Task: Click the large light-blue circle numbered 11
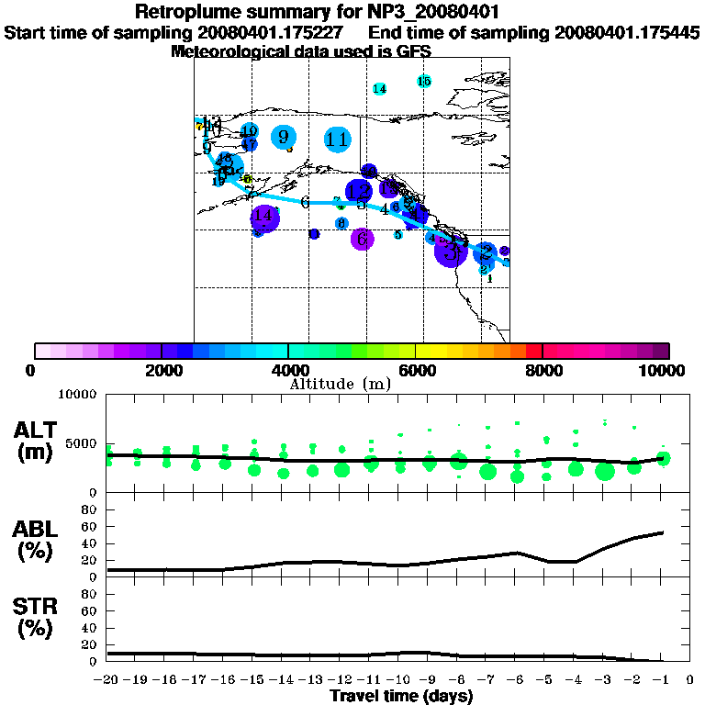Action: click(x=338, y=140)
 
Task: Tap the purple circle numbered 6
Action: click(x=363, y=240)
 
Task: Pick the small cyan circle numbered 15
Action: click(x=424, y=82)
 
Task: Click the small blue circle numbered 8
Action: click(x=341, y=224)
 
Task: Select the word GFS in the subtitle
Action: click(x=414, y=51)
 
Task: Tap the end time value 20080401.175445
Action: click(x=627, y=33)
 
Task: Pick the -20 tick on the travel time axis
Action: click(x=107, y=680)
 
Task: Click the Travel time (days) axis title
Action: click(x=401, y=696)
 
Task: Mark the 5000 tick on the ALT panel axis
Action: click(x=80, y=444)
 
